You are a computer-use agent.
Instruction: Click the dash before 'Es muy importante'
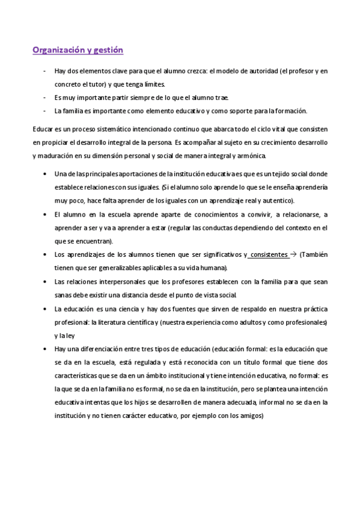tap(45, 97)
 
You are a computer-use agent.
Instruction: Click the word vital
tap(260, 129)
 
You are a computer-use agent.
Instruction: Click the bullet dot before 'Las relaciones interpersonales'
tap(46, 281)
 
